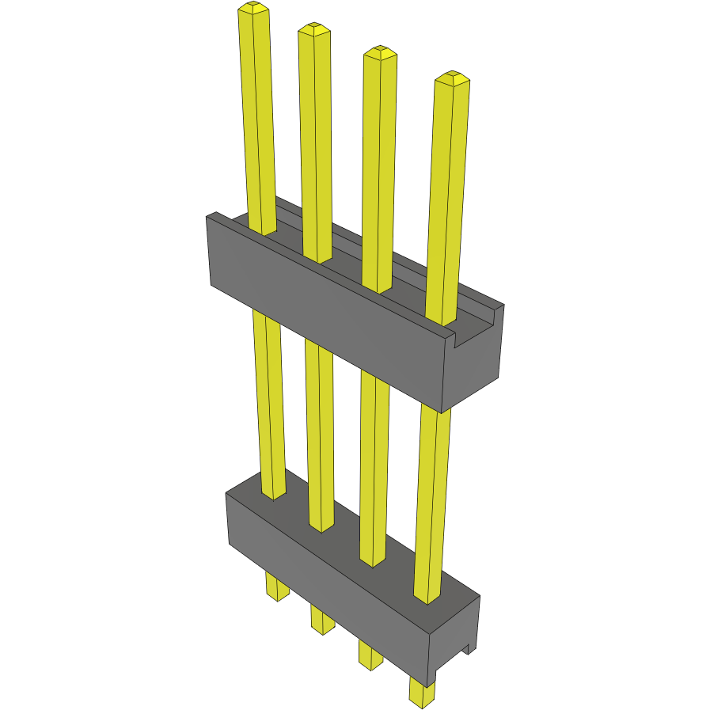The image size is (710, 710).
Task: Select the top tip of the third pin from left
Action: pos(379,53)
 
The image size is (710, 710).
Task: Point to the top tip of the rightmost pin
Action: pos(452,78)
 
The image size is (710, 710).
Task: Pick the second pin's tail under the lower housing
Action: pos(321,619)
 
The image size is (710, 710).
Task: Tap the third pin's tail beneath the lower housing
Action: pos(369,654)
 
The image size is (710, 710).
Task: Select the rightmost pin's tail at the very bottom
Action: pos(422,692)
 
